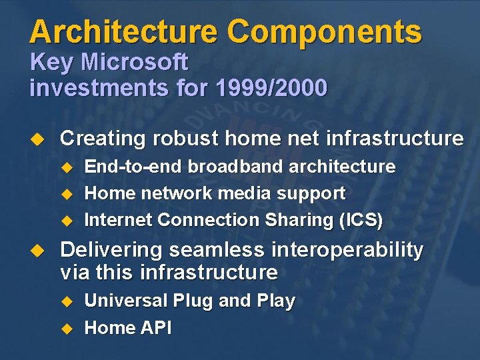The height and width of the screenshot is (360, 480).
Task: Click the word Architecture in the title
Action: [123, 32]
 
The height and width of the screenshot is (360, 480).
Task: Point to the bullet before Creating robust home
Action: [38, 139]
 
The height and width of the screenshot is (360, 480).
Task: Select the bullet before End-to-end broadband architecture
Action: [66, 167]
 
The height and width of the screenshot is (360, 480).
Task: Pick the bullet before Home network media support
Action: [66, 194]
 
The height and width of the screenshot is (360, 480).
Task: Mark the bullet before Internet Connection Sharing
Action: [66, 220]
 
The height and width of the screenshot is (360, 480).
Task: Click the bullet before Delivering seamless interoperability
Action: [38, 251]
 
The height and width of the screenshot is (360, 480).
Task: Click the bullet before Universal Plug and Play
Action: [66, 301]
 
